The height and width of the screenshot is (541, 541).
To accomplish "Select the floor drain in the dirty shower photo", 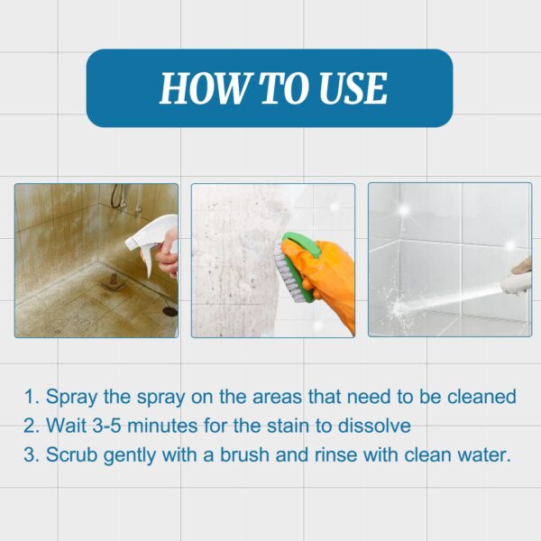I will point(170,309).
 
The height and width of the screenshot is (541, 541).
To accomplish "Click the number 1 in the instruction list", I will point(30,397).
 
